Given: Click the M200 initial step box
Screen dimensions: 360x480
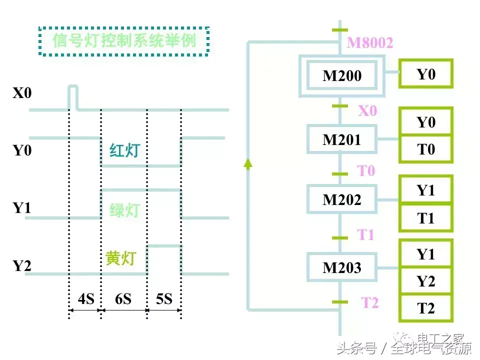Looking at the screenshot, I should pos(342,76).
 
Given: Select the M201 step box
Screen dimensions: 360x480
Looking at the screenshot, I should pos(342,139).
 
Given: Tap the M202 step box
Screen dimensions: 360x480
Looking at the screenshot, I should pos(342,200).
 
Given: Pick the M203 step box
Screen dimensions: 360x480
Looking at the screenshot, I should pos(342,267).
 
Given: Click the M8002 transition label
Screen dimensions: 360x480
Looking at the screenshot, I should pos(370,43).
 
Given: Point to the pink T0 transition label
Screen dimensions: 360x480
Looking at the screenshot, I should pos(366,171).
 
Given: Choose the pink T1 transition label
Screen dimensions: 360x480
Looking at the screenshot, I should pos(365,234).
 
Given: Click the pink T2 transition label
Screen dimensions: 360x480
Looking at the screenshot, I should pos(370,302).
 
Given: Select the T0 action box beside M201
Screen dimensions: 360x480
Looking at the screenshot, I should pos(426,149).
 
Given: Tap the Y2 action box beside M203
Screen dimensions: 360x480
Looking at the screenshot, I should pos(426,281).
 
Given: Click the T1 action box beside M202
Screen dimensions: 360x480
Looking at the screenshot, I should pos(426,218).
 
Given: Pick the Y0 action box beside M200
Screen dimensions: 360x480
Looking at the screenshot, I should pos(426,74).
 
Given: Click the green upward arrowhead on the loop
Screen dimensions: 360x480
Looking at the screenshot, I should pos(248,162).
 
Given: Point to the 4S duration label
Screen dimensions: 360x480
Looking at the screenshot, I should pos(85,299).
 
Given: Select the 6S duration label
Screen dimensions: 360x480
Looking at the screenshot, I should pos(123,299).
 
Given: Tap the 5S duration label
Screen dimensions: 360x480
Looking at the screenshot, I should pos(164,299).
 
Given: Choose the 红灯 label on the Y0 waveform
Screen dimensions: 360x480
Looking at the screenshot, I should pos(124,150).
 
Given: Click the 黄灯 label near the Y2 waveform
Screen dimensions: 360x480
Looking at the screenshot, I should pos(120,258).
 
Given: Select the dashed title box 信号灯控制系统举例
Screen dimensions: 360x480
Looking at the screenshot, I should pos(124,40).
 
